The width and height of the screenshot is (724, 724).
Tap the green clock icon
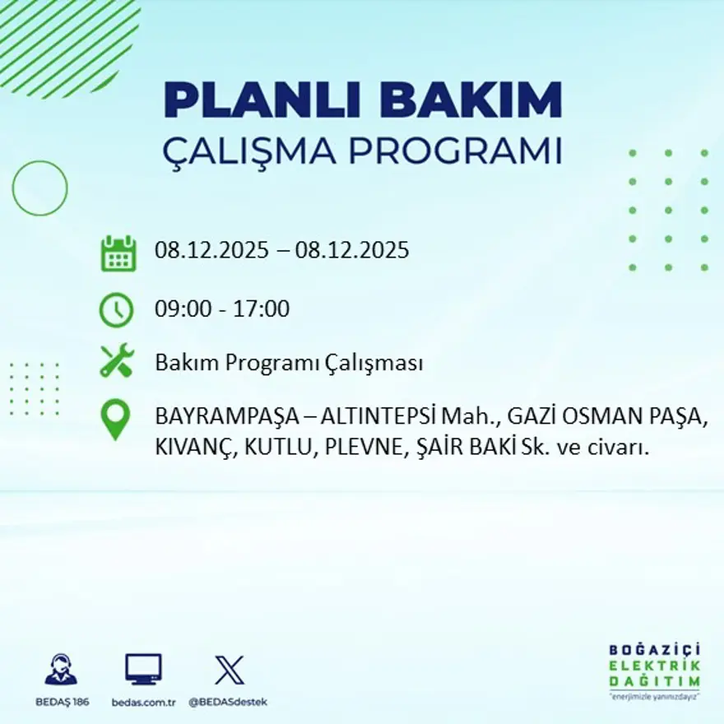(116, 309)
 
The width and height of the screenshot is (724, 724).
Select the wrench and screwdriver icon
(116, 362)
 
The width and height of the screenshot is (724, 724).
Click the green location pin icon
(115, 419)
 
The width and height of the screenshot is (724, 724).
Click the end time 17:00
(262, 309)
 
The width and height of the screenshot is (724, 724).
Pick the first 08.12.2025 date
(211, 250)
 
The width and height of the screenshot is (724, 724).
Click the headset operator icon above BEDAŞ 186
(60, 670)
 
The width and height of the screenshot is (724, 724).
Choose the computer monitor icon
(143, 670)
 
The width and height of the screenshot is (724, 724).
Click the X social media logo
(229, 670)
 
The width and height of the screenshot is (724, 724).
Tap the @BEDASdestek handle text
(228, 702)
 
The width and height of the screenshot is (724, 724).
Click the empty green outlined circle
(39, 188)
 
